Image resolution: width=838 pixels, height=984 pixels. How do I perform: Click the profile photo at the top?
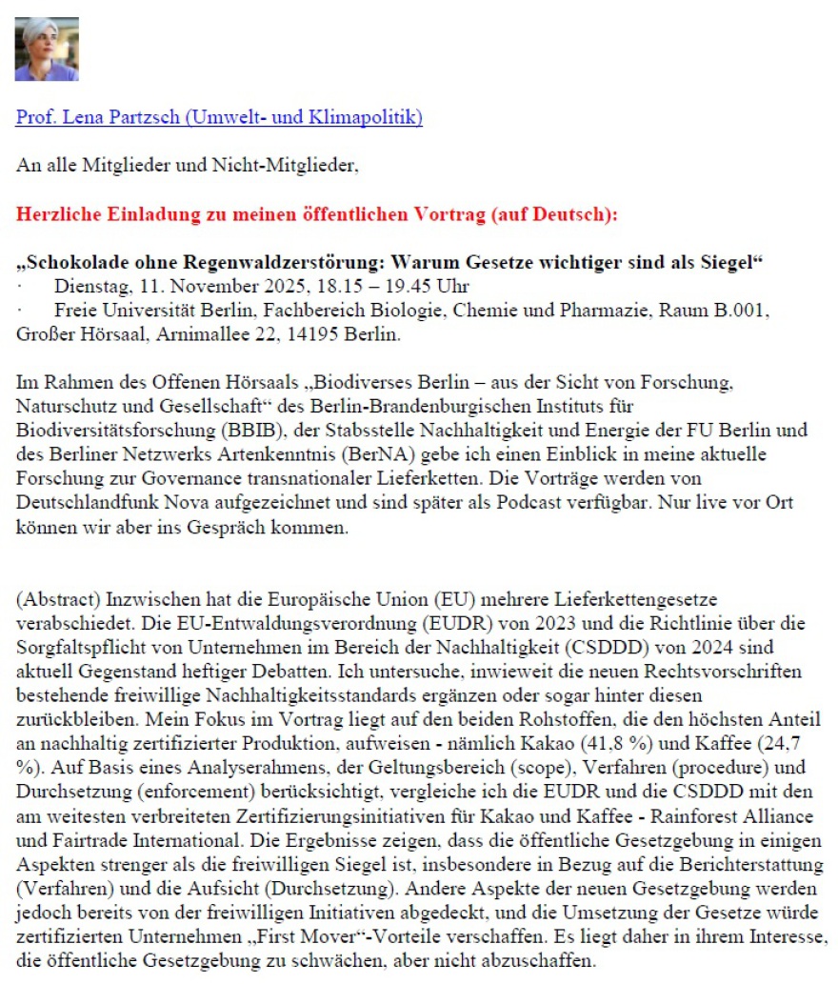pos(47,49)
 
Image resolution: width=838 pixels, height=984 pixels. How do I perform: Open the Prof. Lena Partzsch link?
pos(219,118)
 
